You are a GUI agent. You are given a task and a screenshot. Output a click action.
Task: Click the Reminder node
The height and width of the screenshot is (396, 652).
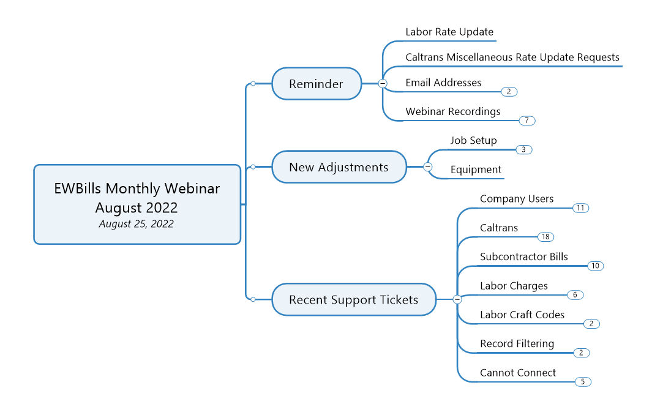(x=317, y=83)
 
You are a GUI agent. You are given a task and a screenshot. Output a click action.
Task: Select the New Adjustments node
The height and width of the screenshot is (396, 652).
(x=339, y=166)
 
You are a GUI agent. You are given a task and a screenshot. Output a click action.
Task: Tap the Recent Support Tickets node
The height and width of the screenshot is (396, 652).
(x=354, y=299)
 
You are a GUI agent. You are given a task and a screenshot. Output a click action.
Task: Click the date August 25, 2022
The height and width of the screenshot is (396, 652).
(x=137, y=224)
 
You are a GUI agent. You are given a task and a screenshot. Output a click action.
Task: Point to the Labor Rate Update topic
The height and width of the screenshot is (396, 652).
(x=449, y=32)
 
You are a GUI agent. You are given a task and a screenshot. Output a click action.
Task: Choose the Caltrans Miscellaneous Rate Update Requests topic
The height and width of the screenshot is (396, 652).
(x=512, y=58)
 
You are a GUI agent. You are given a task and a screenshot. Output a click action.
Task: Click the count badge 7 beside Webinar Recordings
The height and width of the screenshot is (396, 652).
(x=527, y=121)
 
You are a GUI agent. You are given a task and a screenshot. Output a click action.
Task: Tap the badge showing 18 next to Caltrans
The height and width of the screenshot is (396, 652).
(x=545, y=237)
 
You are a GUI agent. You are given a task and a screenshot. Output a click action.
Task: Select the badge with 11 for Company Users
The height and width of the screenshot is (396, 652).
(x=580, y=207)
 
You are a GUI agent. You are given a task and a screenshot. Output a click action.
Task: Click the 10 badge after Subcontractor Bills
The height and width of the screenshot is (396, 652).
(x=596, y=266)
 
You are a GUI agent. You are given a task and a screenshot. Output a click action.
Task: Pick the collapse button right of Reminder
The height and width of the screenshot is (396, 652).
(x=383, y=83)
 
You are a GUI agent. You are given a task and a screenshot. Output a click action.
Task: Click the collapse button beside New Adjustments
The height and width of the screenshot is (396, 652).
(x=427, y=166)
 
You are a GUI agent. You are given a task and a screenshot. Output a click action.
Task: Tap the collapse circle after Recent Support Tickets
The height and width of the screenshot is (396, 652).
(x=457, y=299)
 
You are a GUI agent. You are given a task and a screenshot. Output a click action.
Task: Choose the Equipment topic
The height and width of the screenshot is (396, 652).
(x=476, y=170)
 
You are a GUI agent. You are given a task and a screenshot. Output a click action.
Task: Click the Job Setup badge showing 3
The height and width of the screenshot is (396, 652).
(x=524, y=149)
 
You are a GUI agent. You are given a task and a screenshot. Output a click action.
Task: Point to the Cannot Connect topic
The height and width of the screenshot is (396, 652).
(x=518, y=373)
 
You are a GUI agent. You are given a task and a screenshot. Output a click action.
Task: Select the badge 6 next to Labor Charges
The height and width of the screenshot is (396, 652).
(x=575, y=295)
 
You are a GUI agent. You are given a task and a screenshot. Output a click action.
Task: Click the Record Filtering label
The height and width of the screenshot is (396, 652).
(x=517, y=343)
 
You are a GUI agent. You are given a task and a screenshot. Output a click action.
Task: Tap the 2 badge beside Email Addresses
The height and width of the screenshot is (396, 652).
(x=509, y=91)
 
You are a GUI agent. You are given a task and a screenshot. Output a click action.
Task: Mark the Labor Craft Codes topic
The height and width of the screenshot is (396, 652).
(x=522, y=315)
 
